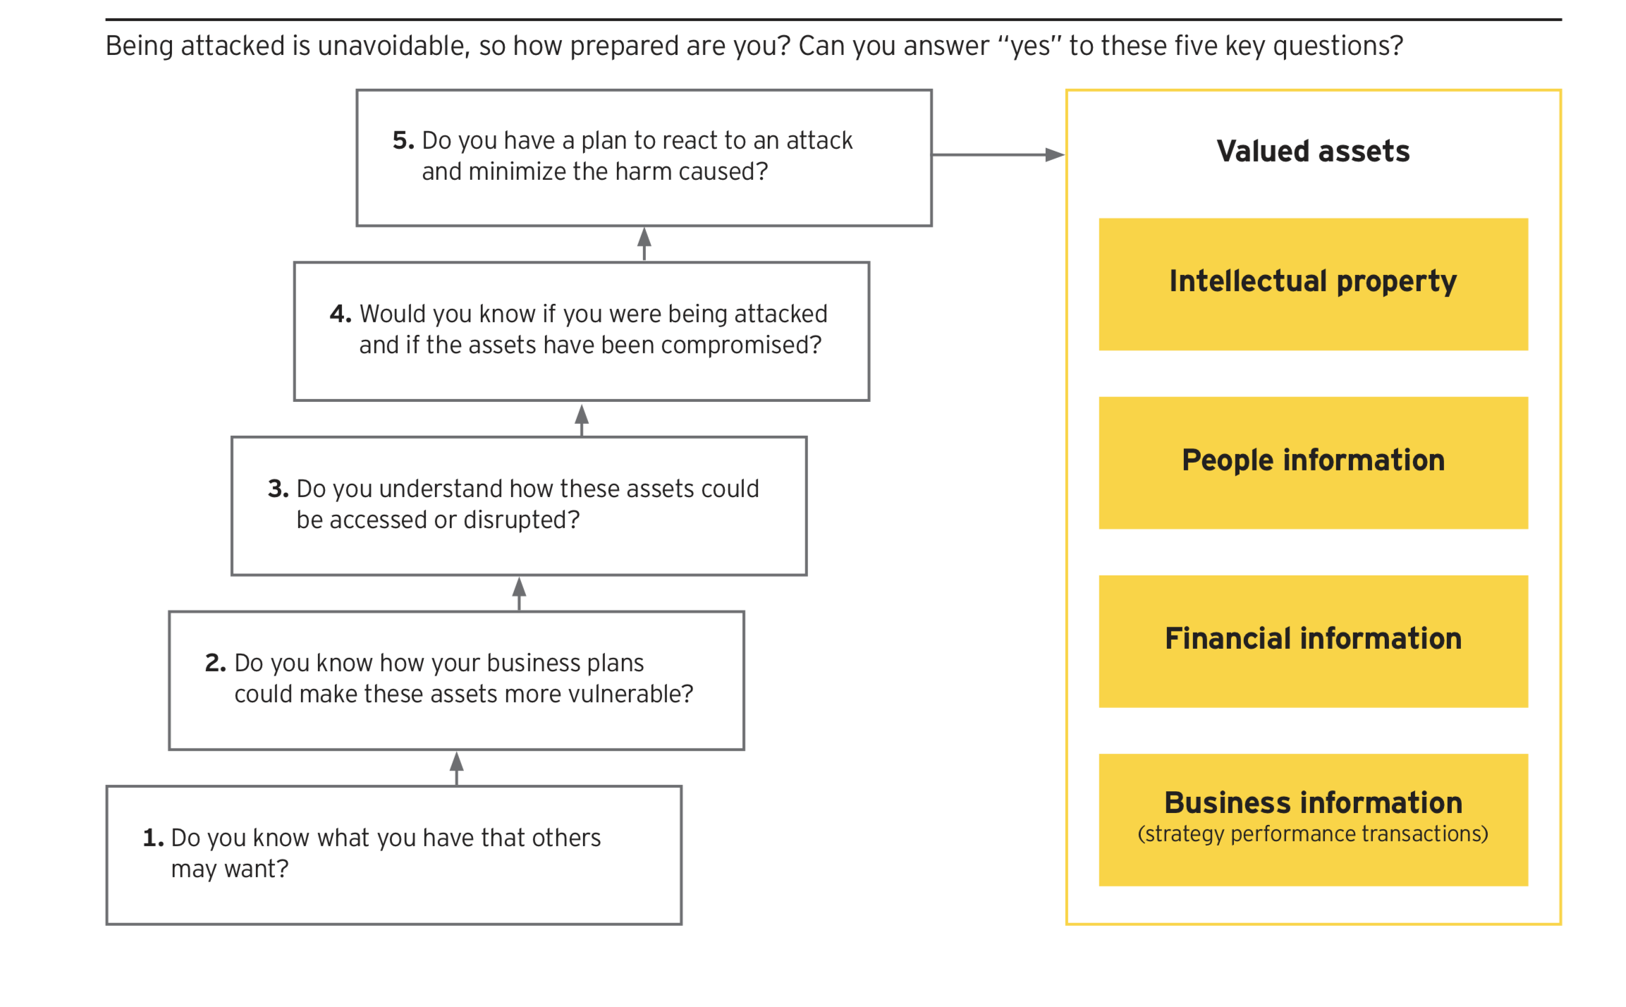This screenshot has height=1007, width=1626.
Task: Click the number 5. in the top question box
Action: [403, 140]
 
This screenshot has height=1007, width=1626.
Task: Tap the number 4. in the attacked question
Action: [341, 314]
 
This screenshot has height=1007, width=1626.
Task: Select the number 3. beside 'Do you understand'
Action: [279, 489]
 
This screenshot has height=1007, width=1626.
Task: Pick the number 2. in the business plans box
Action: [216, 663]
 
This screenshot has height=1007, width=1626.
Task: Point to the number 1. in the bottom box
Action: [154, 838]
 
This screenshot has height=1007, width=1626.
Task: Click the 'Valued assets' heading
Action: [1313, 152]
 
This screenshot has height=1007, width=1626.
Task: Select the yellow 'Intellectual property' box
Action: [1313, 284]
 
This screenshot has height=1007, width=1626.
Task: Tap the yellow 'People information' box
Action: [1313, 463]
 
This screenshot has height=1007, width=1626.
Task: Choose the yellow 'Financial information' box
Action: [1313, 641]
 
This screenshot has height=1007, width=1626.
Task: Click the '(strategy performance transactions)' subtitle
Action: [1313, 834]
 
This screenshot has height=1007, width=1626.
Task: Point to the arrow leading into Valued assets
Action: [998, 154]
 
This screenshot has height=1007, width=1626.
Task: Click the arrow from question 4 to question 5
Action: [644, 244]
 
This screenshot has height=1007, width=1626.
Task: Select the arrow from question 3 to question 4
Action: [582, 420]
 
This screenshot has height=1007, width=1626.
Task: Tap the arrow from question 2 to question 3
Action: [519, 594]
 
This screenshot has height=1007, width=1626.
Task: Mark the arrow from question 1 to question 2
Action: [457, 769]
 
